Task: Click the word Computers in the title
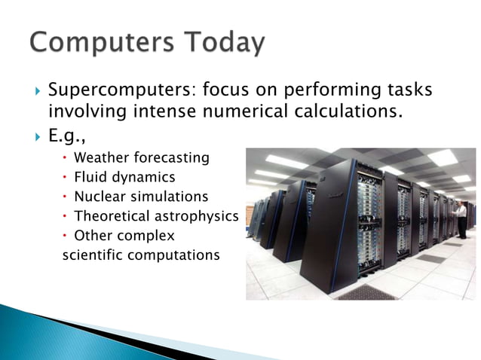click(x=99, y=43)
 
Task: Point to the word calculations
click(x=351, y=112)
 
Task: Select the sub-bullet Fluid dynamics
click(x=124, y=178)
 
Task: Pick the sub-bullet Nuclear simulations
click(x=141, y=197)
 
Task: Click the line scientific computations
click(x=140, y=255)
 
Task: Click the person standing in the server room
click(x=461, y=218)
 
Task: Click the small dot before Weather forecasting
click(x=66, y=158)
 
